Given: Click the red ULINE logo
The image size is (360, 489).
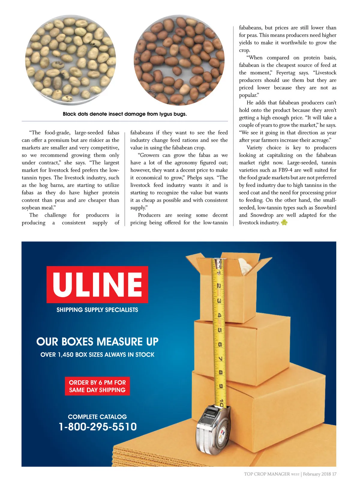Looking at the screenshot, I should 97,284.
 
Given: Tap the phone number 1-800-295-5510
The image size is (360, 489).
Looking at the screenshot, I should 98,427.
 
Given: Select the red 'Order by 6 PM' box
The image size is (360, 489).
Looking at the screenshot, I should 97,386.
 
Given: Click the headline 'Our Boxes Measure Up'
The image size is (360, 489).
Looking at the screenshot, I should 97,342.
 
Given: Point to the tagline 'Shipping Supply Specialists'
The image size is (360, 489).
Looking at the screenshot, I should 97,310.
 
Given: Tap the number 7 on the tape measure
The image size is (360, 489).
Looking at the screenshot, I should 220,359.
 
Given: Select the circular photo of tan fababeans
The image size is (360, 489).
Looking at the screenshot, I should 70,60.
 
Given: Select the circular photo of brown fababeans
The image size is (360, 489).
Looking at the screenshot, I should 179,60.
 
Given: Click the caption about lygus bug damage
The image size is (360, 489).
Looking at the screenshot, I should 125,114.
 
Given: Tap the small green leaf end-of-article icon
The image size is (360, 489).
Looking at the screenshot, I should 284,222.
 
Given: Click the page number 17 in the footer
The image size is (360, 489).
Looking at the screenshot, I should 334,474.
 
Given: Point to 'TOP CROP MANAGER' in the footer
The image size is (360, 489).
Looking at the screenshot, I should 267,474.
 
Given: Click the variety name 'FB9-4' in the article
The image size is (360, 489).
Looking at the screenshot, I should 285,170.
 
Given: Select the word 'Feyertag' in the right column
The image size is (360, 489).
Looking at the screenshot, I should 286,73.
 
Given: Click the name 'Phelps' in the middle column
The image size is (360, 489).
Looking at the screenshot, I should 194,178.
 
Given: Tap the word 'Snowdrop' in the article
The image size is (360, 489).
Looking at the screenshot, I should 262,215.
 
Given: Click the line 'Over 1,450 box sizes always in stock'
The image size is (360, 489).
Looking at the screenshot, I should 97,355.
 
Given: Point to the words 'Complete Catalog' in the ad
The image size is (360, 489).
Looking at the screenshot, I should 97,417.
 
